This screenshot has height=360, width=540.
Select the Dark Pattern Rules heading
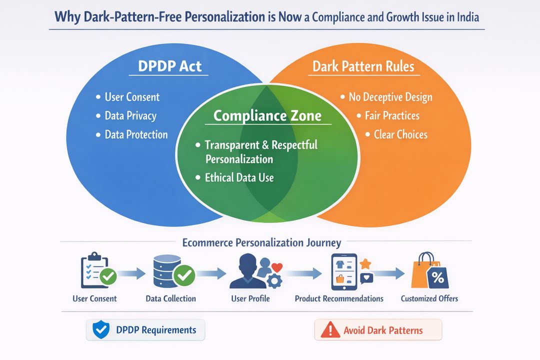click(363, 66)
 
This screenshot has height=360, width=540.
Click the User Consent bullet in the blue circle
click(132, 97)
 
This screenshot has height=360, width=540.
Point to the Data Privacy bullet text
click(130, 116)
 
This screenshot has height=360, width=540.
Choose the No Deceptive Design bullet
click(390, 97)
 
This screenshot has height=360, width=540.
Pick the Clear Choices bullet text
click(400, 134)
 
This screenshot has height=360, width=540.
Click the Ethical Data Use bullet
click(239, 177)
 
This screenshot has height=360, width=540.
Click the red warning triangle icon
click(330, 330)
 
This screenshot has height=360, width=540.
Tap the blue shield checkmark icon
click(101, 329)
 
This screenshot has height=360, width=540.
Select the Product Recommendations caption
click(339, 298)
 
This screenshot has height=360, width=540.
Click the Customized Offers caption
click(429, 298)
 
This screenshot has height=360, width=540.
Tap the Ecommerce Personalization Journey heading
click(261, 243)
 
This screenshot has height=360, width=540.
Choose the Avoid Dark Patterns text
click(383, 330)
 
